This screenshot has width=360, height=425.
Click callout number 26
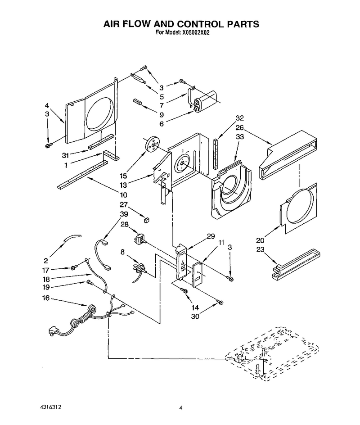click(239, 127)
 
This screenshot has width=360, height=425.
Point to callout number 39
click(124, 214)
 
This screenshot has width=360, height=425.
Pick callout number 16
click(46, 298)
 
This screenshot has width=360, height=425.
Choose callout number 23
click(260, 249)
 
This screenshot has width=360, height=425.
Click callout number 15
click(123, 176)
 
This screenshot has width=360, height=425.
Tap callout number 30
click(195, 316)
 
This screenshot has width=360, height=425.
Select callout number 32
click(239, 118)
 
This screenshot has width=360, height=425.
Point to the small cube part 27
click(147, 220)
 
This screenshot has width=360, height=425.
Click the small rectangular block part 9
click(137, 102)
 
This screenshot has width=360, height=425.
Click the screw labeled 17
click(73, 268)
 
